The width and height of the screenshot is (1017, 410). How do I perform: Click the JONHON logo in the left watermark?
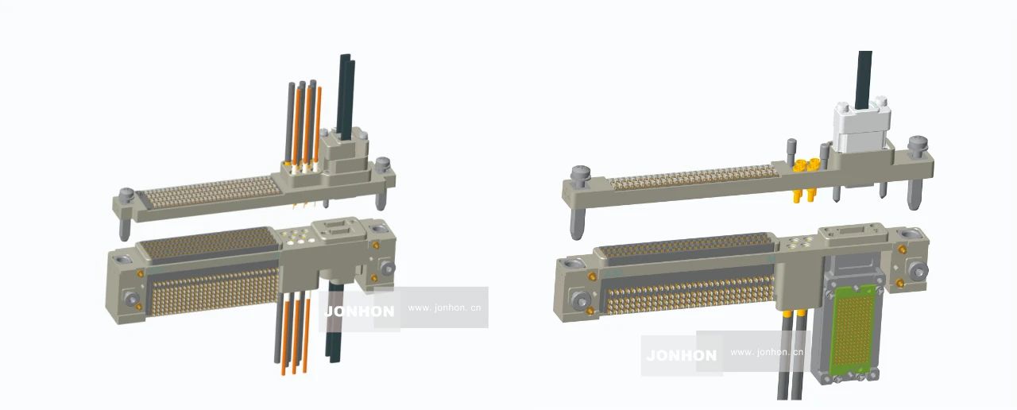pyautogui.click(x=359, y=311)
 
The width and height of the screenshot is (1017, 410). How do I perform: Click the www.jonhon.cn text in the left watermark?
pyautogui.click(x=444, y=307)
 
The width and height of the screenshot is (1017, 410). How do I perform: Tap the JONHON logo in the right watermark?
pyautogui.click(x=682, y=355)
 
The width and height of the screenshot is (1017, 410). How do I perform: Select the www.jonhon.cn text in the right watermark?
pyautogui.click(x=767, y=352)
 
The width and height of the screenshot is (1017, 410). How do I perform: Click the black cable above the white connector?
pyautogui.click(x=864, y=79)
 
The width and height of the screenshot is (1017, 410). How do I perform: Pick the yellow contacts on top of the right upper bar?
pyautogui.click(x=805, y=164)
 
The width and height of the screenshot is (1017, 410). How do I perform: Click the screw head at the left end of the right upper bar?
pyautogui.click(x=581, y=173)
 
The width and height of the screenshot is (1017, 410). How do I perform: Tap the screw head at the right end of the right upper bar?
pyautogui.click(x=917, y=145)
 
